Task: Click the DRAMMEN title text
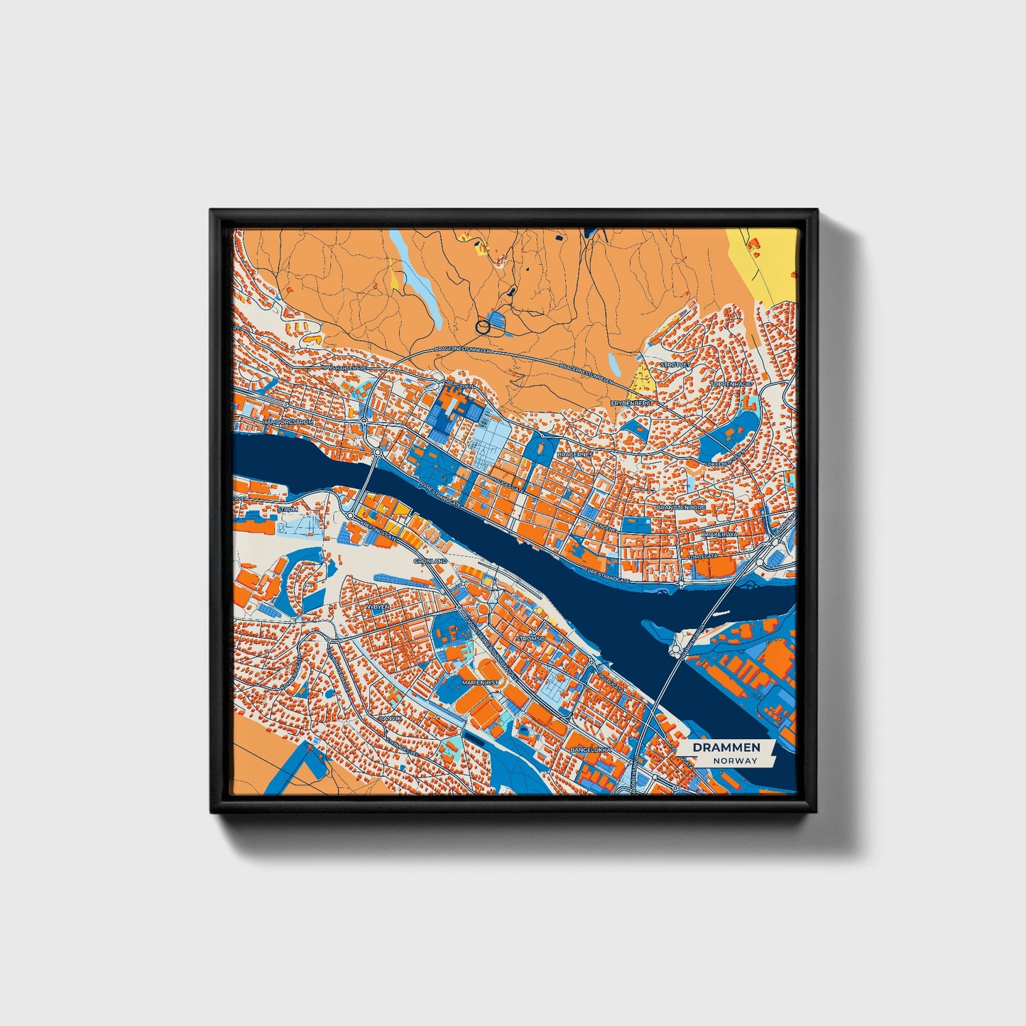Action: pos(726,748)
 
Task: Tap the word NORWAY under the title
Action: pos(736,760)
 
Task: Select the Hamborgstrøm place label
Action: pos(288,422)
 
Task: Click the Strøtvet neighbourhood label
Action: pos(675,364)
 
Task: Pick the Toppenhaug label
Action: pos(731,383)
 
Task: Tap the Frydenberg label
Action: pos(631,403)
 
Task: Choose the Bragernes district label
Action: pos(575,453)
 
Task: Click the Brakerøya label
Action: pos(719,533)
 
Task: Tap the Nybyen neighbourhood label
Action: pos(377,608)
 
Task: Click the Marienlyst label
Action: pos(481,682)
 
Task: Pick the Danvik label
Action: pos(391,718)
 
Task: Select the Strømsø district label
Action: pos(530,638)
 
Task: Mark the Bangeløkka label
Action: pos(590,749)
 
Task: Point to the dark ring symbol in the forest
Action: pos(483,327)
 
